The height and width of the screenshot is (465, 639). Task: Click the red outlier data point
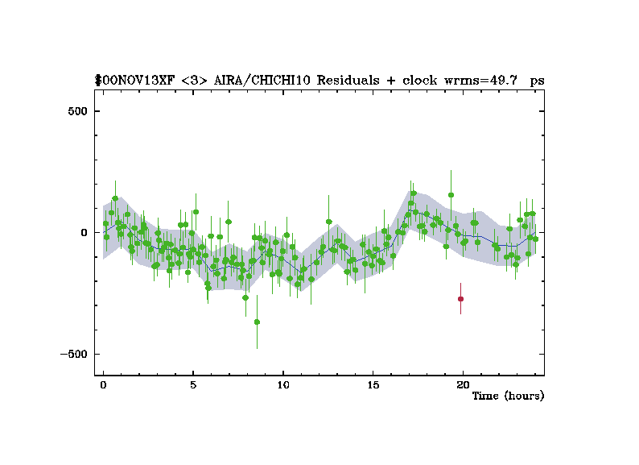pos(460,299)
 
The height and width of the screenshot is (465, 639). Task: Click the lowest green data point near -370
pos(257,322)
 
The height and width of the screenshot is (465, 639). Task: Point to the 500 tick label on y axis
pos(77,110)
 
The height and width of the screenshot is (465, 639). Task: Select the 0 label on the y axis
pos(84,232)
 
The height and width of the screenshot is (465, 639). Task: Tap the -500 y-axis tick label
pos(75,354)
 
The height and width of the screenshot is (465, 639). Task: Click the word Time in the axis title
pos(485,396)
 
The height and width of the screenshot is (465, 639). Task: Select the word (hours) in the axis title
pos(524,396)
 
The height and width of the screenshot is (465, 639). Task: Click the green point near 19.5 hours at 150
pos(451,194)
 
